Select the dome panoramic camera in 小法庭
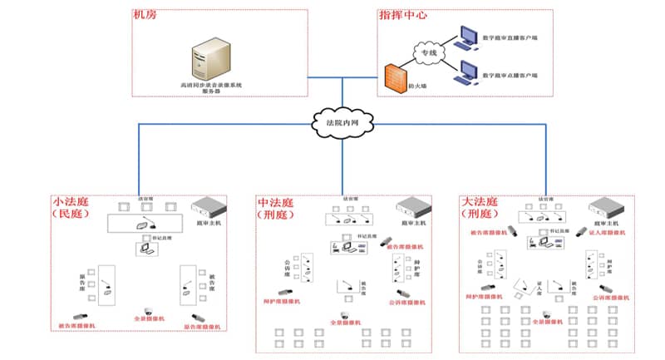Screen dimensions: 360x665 pos(150,308)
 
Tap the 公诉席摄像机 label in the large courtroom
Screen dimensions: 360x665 pos(608,296)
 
